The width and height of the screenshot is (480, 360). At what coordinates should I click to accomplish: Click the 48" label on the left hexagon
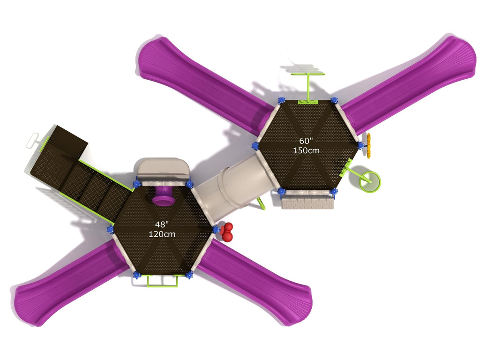(x=162, y=225)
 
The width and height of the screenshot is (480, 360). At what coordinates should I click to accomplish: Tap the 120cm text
(x=162, y=234)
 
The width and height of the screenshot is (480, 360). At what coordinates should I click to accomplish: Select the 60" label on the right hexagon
(x=306, y=141)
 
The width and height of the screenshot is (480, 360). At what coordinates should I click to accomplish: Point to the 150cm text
(x=306, y=150)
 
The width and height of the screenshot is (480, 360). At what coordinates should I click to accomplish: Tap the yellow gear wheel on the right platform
(x=368, y=145)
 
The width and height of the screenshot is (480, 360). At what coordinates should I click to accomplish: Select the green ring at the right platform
(x=370, y=182)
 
